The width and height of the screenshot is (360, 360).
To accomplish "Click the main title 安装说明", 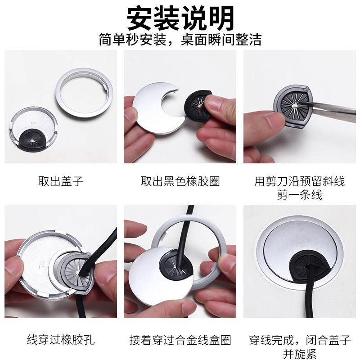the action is [180, 18].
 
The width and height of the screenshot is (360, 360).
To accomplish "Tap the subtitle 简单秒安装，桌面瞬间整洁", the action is [180, 40].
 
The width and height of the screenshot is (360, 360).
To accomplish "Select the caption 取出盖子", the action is [61, 181].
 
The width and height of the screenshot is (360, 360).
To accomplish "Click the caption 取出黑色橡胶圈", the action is [180, 181].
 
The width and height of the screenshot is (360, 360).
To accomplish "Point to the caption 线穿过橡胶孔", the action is [61, 340].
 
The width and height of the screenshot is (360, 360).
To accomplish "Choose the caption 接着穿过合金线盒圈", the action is [180, 340].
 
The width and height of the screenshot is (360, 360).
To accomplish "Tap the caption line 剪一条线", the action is [300, 195].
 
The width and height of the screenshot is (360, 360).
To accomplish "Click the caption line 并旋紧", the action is [300, 354].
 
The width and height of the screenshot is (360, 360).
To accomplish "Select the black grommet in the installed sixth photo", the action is [308, 266].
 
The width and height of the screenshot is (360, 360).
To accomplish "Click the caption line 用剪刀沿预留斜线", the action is [300, 181].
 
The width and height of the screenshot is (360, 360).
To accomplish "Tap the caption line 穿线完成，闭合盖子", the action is [300, 340].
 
